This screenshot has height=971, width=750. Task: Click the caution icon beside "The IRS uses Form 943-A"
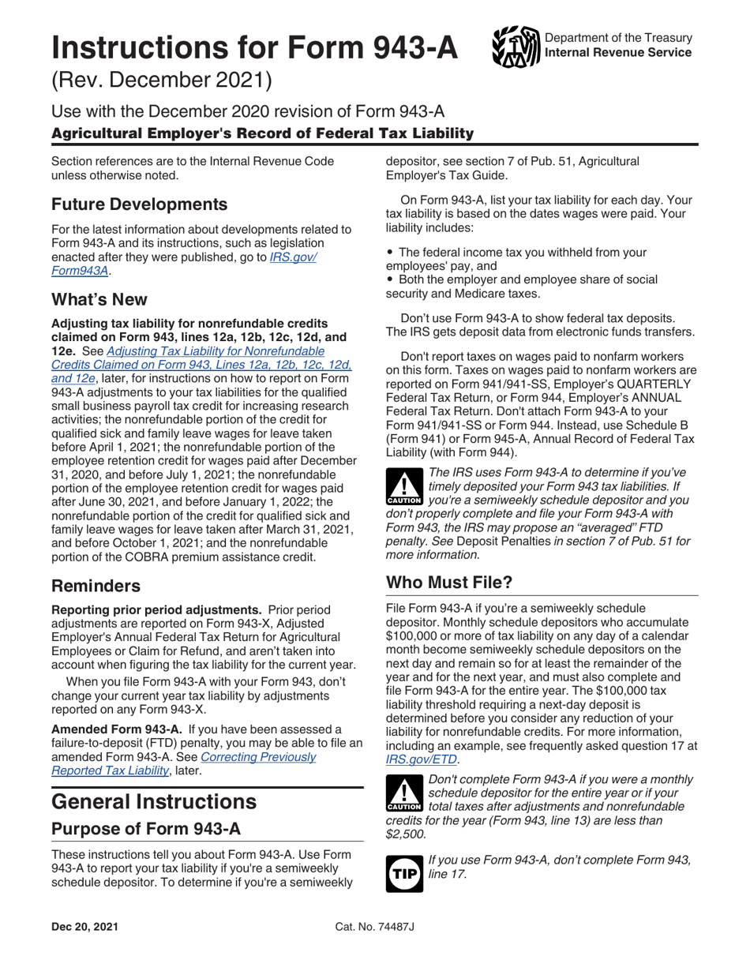pyautogui.click(x=403, y=489)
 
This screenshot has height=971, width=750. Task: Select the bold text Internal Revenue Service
pyautogui.click(x=618, y=54)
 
